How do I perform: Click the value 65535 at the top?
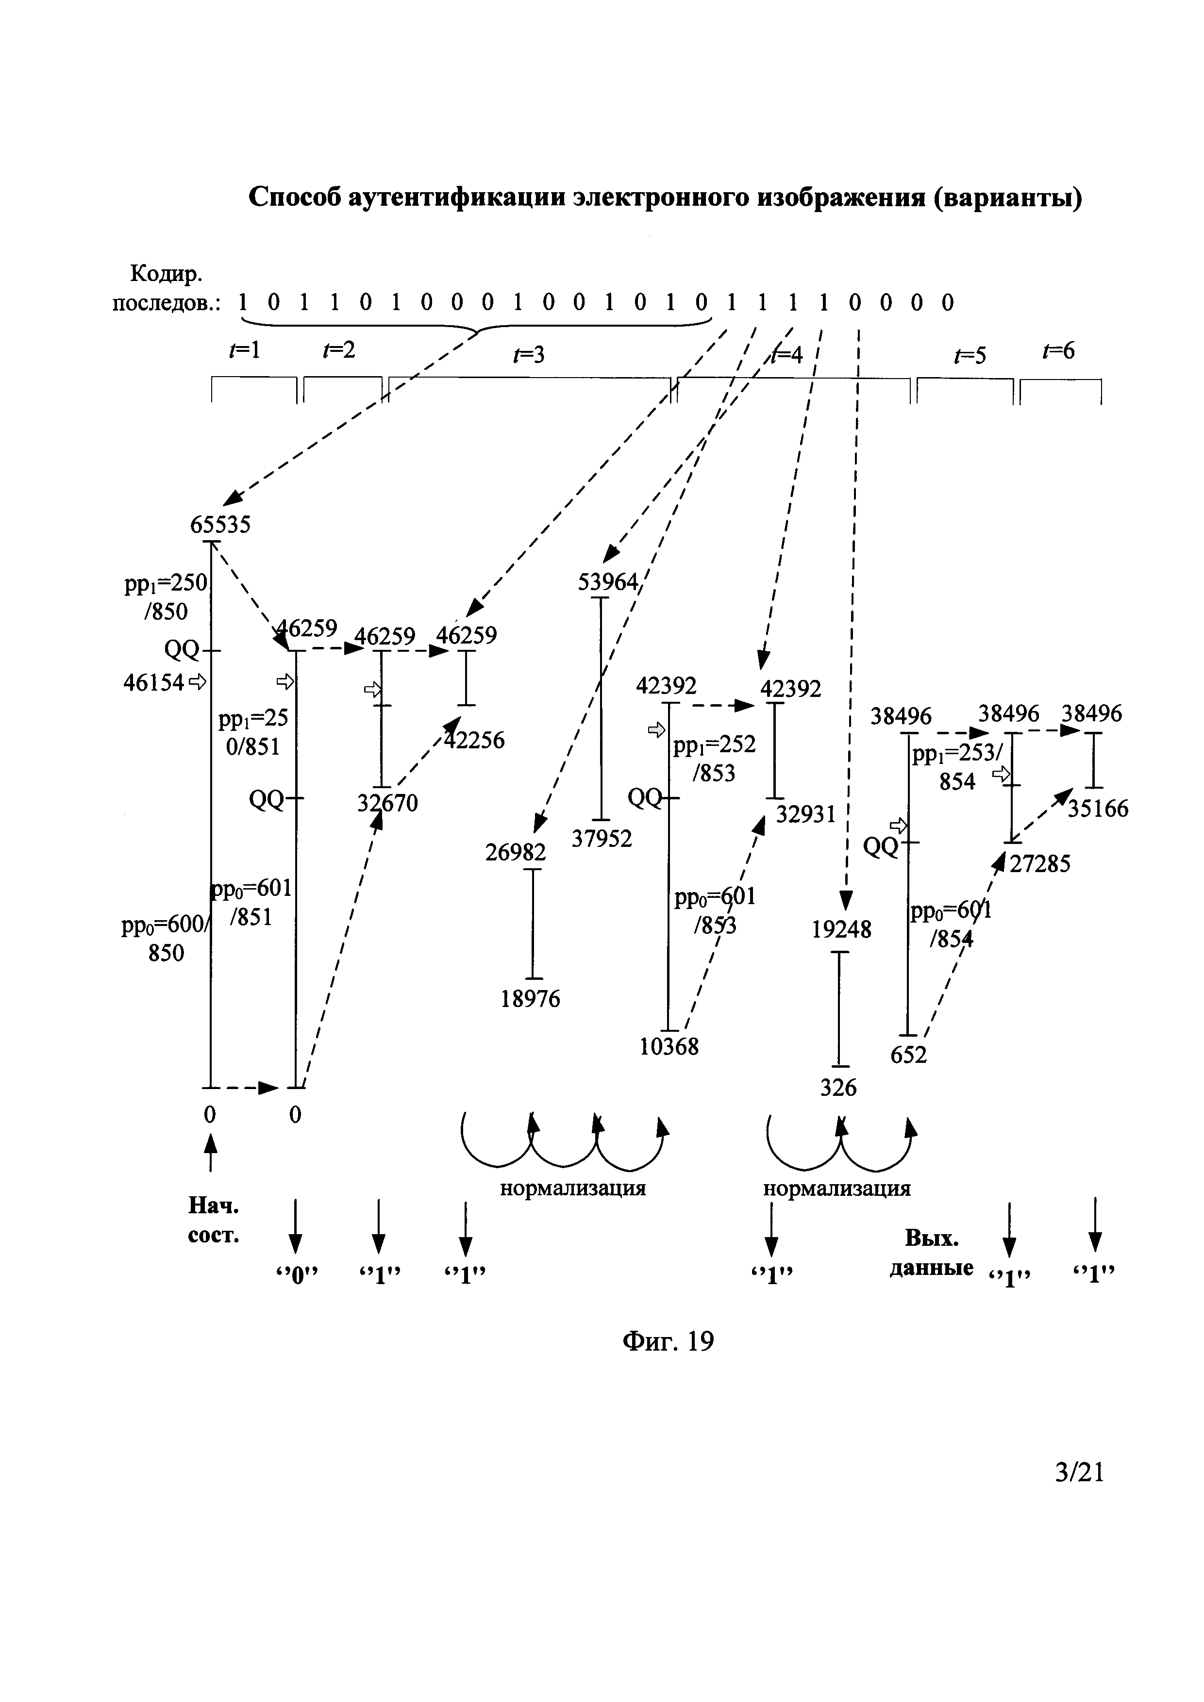tap(220, 525)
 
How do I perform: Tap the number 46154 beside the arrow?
tap(153, 682)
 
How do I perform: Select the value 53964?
tap(607, 583)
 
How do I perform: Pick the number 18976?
tap(530, 999)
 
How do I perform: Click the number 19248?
tap(841, 929)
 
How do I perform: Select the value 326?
tap(838, 1088)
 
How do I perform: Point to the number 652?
tap(909, 1054)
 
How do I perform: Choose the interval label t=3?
tap(529, 356)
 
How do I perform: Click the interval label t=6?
tap(1058, 350)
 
